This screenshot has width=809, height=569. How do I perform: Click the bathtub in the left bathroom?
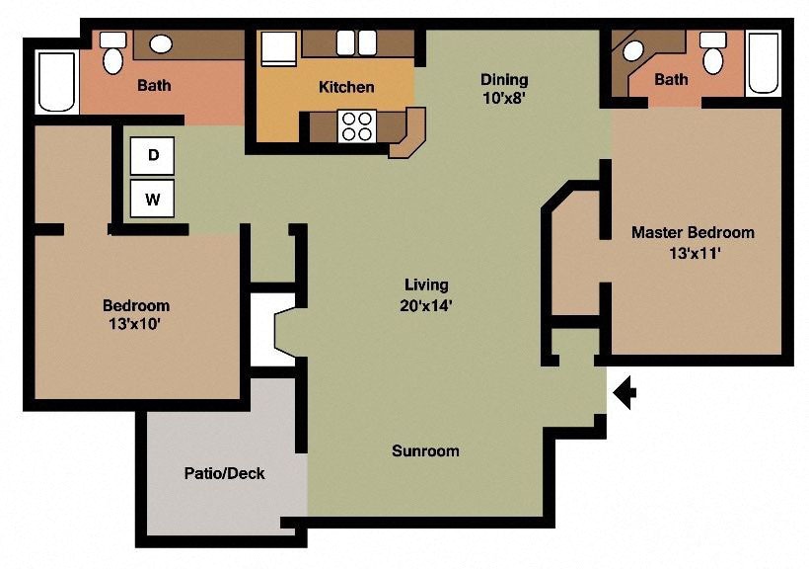(x=56, y=82)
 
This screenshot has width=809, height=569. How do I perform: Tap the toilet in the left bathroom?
(x=113, y=52)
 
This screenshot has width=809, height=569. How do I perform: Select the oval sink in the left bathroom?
(x=160, y=44)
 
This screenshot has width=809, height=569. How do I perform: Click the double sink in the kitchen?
(x=357, y=43)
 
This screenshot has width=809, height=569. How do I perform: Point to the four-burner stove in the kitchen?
(x=357, y=125)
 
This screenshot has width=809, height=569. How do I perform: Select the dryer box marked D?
(x=153, y=155)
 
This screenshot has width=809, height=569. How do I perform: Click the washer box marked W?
(x=153, y=199)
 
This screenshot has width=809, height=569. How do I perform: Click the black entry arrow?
(x=625, y=393)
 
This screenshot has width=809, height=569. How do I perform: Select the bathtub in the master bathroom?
(x=763, y=62)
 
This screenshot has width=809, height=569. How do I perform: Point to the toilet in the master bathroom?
(x=712, y=53)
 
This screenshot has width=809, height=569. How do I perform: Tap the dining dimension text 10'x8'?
(x=504, y=98)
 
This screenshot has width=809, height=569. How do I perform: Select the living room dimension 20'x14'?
(x=426, y=305)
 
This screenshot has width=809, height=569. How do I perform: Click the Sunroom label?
(x=425, y=451)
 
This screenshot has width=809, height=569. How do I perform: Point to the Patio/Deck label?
(x=224, y=473)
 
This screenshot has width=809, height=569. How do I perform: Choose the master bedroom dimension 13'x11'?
(x=693, y=252)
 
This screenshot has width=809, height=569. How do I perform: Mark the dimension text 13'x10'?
(x=136, y=324)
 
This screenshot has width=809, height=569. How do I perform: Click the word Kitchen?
(x=346, y=87)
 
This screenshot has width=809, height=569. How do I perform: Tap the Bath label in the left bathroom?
(x=154, y=85)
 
